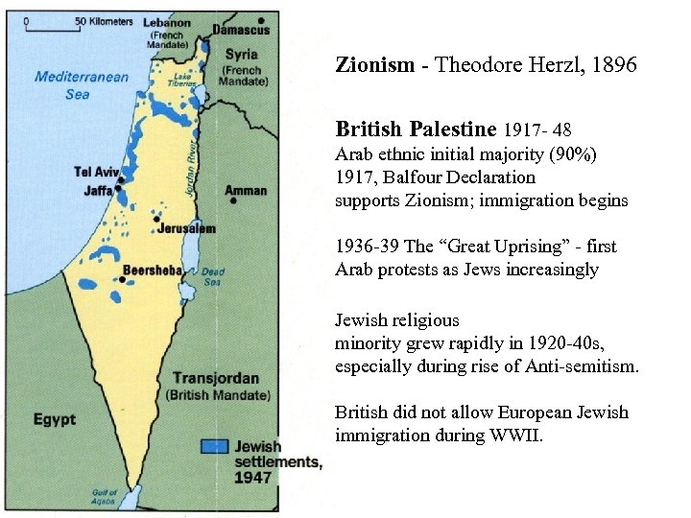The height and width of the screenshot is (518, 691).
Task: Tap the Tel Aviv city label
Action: (94, 172)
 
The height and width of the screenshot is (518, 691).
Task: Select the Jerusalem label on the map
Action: (189, 228)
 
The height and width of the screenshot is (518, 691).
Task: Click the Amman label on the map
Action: (246, 191)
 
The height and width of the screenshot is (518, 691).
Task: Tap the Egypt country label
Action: (55, 419)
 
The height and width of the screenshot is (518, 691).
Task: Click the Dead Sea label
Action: (212, 276)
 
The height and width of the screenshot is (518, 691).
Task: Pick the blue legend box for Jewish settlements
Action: (214, 446)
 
